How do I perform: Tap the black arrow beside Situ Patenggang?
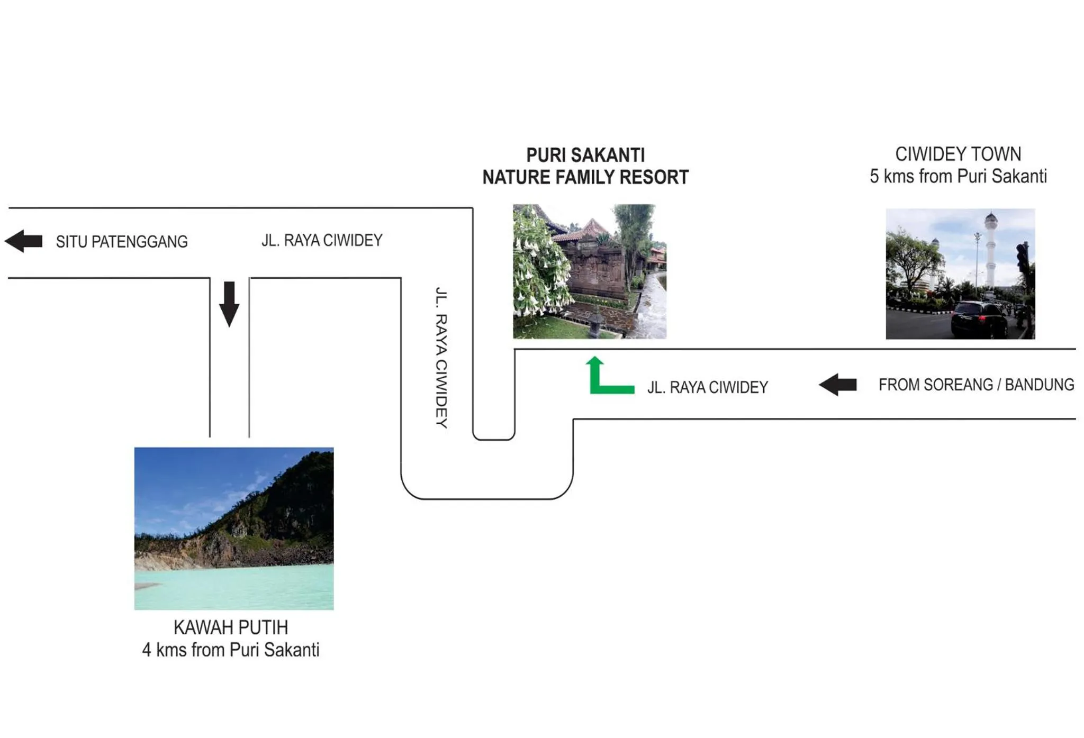pos(24,241)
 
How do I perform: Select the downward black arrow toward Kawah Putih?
pos(229,304)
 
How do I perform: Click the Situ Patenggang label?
pos(122,242)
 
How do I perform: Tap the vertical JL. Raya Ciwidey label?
pos(441,357)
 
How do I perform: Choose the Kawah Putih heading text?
pos(231,627)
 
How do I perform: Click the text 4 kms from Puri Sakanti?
pos(231,650)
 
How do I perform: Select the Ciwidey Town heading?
pos(958,154)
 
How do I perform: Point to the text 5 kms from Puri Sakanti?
pos(958,176)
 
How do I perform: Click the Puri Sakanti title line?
pos(585,155)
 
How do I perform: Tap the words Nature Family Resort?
pos(585,177)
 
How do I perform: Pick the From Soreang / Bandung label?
pos(976,385)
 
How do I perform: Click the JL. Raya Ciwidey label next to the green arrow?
pos(708,387)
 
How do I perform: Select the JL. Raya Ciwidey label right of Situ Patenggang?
pos(322,240)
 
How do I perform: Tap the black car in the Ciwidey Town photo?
pos(979,318)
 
